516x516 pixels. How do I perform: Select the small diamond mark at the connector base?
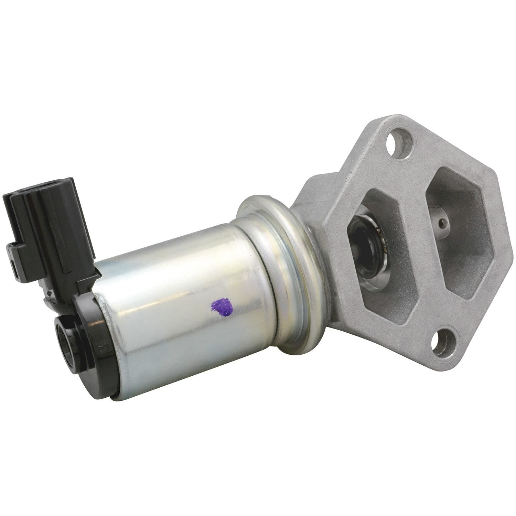pyautogui.click(x=52, y=294)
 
